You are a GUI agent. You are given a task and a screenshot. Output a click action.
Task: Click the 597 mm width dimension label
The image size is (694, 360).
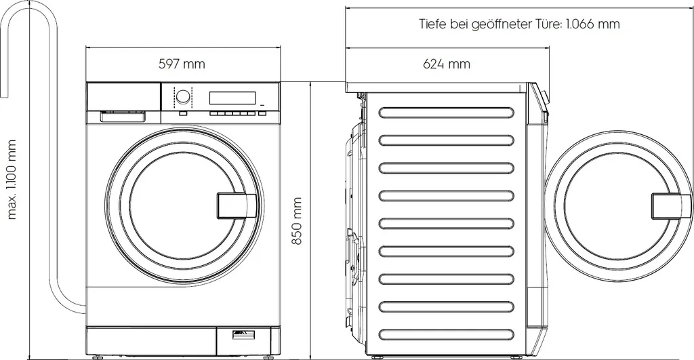click(182, 64)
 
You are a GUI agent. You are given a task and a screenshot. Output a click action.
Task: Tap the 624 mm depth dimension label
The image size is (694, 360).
click(446, 64)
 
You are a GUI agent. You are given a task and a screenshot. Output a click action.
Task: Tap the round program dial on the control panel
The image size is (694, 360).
click(182, 96)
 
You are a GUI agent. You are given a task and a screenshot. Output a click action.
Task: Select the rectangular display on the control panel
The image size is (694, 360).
click(232, 97)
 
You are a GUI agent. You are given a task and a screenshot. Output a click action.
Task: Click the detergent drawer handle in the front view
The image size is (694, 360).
click(123, 117)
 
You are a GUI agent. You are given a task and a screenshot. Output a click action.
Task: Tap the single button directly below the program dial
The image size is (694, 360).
click(183, 113)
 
